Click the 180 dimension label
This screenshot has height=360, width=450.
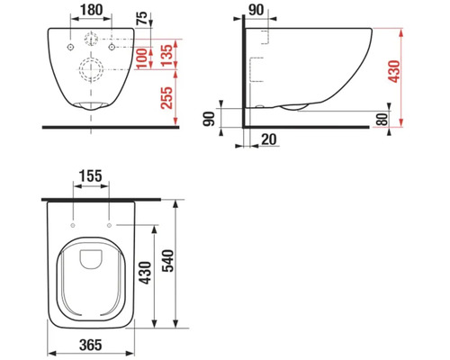(x=91, y=9)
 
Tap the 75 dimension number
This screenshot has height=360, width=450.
(x=142, y=18)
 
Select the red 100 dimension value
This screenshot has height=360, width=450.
(x=142, y=58)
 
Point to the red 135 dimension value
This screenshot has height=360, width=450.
(x=166, y=56)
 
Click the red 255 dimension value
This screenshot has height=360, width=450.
(x=166, y=97)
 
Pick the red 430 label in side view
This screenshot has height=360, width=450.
(x=394, y=71)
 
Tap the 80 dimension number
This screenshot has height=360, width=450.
(x=382, y=119)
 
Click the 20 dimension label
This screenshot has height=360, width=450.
(x=269, y=139)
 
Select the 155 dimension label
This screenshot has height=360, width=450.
(x=91, y=175)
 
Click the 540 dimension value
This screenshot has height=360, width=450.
(x=167, y=261)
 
